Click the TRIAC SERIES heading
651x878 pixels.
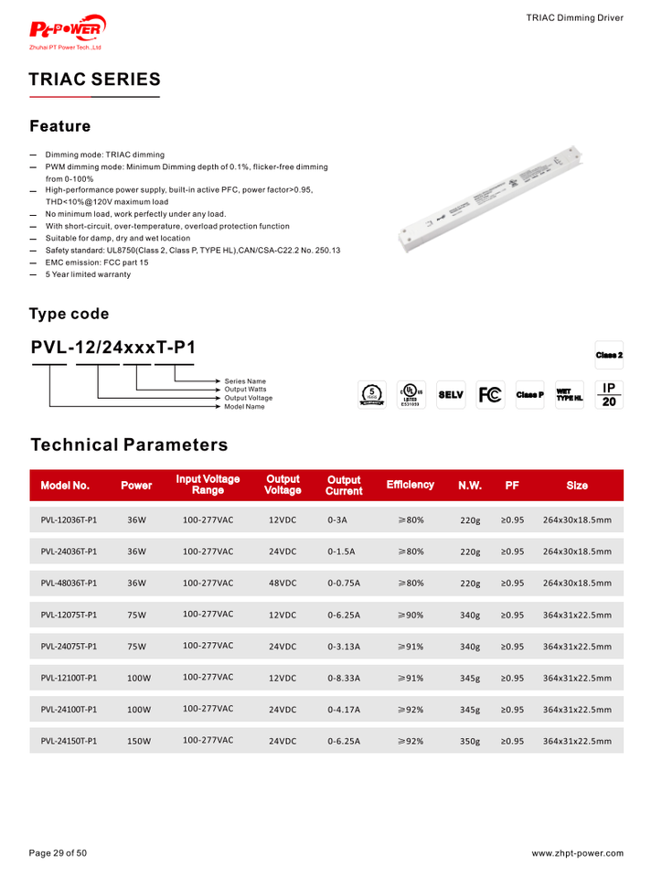coord(94,80)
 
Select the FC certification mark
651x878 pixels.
coord(489,395)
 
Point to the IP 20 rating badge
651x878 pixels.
coord(609,394)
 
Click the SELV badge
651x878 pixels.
coord(451,395)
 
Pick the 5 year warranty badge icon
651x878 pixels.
coord(371,395)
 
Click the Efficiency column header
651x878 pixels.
coord(410,485)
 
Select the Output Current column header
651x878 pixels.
coord(344,486)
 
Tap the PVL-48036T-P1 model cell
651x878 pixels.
coord(69,583)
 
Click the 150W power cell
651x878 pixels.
coord(138,742)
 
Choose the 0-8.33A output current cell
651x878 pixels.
coord(344,679)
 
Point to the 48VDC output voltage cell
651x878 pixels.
coord(283,583)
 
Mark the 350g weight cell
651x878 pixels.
coord(470,742)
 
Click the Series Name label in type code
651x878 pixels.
coord(245,381)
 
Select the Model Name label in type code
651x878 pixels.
coord(245,407)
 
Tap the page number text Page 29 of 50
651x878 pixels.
coord(58,853)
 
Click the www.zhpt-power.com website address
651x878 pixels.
coord(577,853)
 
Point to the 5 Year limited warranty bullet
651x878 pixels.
coord(88,274)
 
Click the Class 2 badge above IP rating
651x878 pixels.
coord(609,354)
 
